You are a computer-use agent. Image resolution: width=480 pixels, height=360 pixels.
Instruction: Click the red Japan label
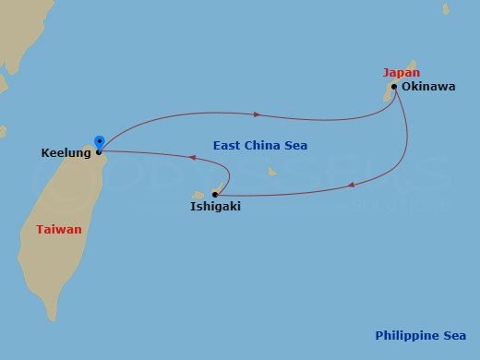[402, 73]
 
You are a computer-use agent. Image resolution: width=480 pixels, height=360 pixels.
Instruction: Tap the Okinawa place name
[428, 87]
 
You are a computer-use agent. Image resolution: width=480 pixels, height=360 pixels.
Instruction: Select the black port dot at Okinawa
[394, 87]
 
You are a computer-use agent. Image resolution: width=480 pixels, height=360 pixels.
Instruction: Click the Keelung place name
[66, 153]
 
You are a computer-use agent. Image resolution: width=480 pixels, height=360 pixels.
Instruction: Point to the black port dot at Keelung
[99, 152]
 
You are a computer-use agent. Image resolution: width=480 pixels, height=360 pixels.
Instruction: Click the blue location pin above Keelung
[99, 142]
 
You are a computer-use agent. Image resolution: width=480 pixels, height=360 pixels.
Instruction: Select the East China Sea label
[260, 146]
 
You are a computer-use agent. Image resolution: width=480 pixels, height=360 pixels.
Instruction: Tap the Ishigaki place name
[215, 207]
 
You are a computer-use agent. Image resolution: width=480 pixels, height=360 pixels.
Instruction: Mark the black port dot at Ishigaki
[215, 195]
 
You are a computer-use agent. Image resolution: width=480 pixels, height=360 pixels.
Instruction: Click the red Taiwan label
[59, 230]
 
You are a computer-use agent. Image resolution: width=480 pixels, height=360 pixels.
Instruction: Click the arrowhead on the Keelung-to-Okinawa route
[258, 114]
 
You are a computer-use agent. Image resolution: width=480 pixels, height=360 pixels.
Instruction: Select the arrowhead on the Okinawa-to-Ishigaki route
[351, 186]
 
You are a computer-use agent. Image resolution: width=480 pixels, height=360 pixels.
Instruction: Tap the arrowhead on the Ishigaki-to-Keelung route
[192, 158]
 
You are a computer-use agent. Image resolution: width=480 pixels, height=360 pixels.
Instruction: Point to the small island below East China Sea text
[271, 171]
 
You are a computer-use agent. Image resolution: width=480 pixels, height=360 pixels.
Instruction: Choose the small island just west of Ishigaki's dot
[198, 196]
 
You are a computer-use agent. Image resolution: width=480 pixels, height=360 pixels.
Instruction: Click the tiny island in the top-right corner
[446, 9]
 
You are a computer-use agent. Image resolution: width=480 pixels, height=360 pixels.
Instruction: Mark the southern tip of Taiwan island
[51, 317]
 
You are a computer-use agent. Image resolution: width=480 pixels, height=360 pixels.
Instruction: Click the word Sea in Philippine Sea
[454, 336]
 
